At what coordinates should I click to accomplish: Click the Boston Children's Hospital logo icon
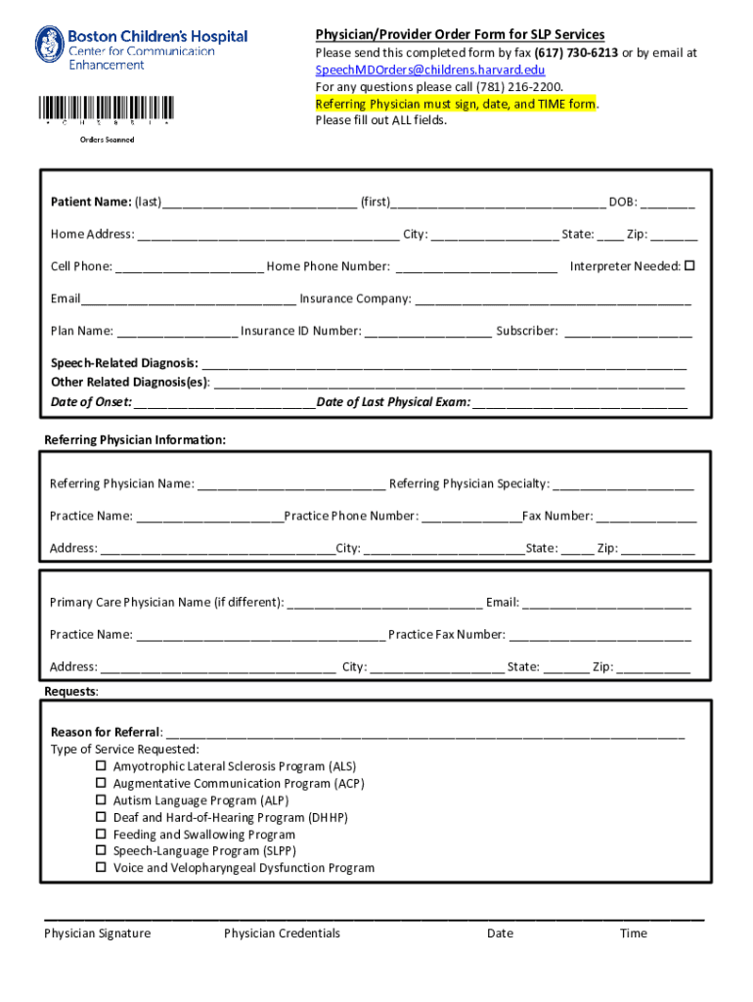[x=49, y=45]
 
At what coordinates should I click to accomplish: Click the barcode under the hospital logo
[x=107, y=109]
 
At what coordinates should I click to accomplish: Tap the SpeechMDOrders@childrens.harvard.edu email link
[x=430, y=70]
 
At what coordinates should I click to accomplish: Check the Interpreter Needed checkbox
[x=688, y=266]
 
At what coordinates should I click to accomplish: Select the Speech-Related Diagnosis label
[x=124, y=363]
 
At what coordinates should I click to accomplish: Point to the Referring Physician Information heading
[x=135, y=440]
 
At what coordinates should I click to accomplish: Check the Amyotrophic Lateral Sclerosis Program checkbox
[x=101, y=766]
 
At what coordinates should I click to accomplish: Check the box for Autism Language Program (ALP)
[x=101, y=800]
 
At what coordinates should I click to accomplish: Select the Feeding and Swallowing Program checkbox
[x=101, y=835]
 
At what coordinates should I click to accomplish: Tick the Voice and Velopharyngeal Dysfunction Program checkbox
[x=101, y=868]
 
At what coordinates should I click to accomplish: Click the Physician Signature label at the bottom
[x=97, y=934]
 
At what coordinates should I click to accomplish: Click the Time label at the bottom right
[x=633, y=934]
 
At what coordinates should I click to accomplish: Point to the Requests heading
[x=70, y=692]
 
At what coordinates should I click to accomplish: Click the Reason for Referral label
[x=105, y=733]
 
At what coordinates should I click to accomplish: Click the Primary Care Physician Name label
[x=166, y=603]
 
